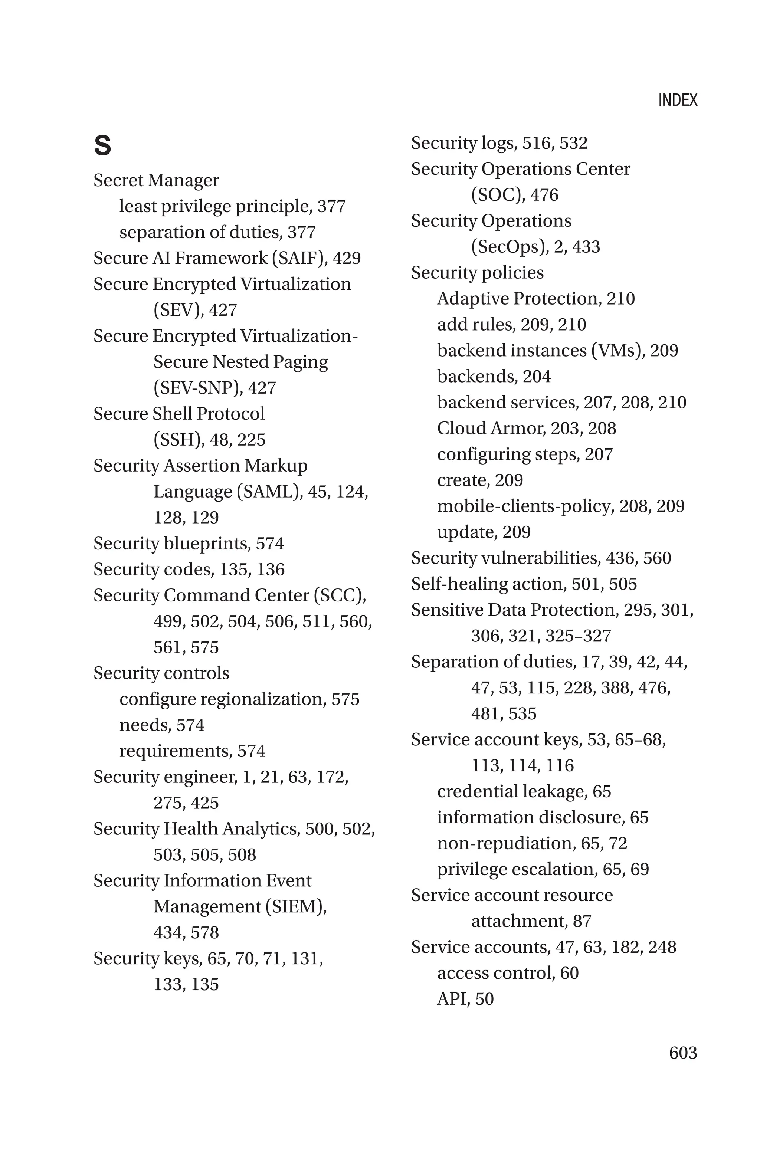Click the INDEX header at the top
677,100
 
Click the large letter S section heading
102,145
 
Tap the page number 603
682,1052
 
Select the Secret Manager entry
156,180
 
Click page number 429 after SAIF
347,258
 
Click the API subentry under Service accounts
453,999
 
